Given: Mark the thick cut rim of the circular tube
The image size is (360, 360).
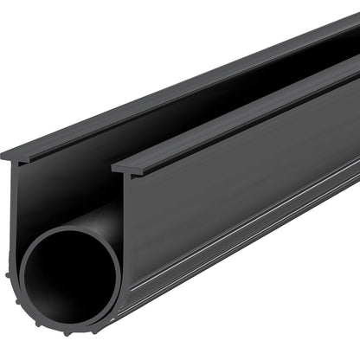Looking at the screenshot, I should [26, 260].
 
